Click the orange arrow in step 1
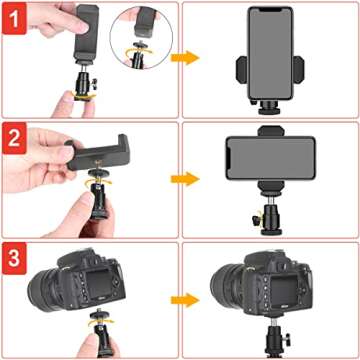182,59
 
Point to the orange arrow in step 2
182,180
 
